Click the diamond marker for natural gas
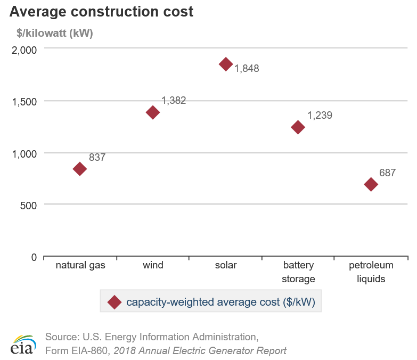pyautogui.click(x=80, y=169)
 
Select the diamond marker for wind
pyautogui.click(x=153, y=112)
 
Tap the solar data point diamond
pyautogui.click(x=226, y=64)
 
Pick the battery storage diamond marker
pyautogui.click(x=298, y=127)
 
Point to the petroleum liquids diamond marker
pyautogui.click(x=371, y=184)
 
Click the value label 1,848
pyautogui.click(x=247, y=69)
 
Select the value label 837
pyautogui.click(x=97, y=158)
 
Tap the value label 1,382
pyautogui.click(x=174, y=101)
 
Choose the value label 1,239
pyautogui.click(x=320, y=116)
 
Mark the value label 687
pyautogui.click(x=387, y=173)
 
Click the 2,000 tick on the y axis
pyautogui.click(x=24, y=50)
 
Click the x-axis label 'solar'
pyautogui.click(x=226, y=265)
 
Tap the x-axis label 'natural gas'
pyautogui.click(x=80, y=265)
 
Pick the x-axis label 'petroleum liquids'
pyautogui.click(x=371, y=272)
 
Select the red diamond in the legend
pyautogui.click(x=114, y=302)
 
